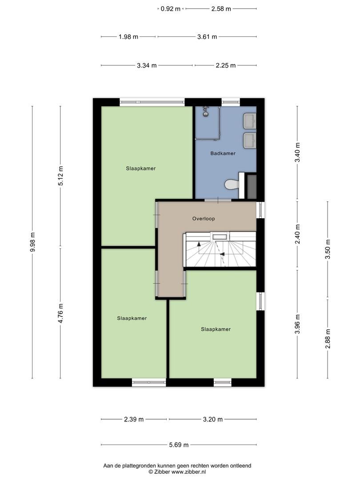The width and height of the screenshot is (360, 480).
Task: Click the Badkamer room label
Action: pyautogui.click(x=223, y=153)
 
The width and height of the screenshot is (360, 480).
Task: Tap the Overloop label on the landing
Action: pyautogui.click(x=204, y=219)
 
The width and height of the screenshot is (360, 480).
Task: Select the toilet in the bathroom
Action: pyautogui.click(x=232, y=184)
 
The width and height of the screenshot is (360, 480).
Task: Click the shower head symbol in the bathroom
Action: pyautogui.click(x=206, y=112)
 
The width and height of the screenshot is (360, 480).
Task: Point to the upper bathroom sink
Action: pyautogui.click(x=250, y=121)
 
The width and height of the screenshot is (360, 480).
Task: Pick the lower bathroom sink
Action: pyautogui.click(x=250, y=140)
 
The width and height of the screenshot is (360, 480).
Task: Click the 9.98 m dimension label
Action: pyautogui.click(x=32, y=242)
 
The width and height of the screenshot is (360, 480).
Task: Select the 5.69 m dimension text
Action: pyautogui.click(x=179, y=445)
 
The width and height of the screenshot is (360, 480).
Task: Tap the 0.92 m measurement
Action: pyautogui.click(x=171, y=9)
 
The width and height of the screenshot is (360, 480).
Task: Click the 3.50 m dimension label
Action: pyautogui.click(x=328, y=249)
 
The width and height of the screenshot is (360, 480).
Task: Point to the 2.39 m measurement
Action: pyautogui.click(x=134, y=420)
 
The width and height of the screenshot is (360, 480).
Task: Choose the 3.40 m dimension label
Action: pyautogui.click(x=297, y=152)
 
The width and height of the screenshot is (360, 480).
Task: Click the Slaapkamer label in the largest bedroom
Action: pyautogui.click(x=141, y=168)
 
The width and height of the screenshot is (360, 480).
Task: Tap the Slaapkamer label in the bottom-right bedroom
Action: pyautogui.click(x=216, y=329)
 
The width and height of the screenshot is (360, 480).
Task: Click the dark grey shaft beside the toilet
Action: pyautogui.click(x=252, y=186)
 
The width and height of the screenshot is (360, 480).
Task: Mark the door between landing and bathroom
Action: pyautogui.click(x=218, y=200)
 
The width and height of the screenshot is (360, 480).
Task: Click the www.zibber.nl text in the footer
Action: pyautogui.click(x=188, y=472)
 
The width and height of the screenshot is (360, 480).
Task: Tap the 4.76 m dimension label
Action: pyautogui.click(x=60, y=313)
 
